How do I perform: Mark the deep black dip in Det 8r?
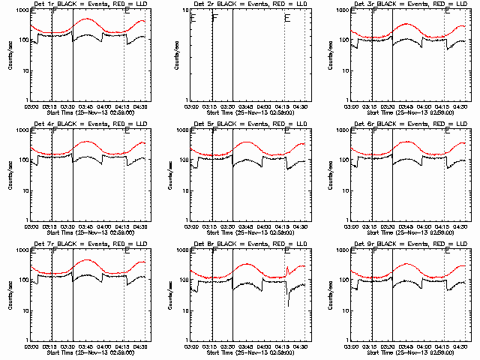tap(288, 304)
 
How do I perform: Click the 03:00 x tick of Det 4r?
tap(31, 225)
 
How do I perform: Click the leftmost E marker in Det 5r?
tap(193, 131)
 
